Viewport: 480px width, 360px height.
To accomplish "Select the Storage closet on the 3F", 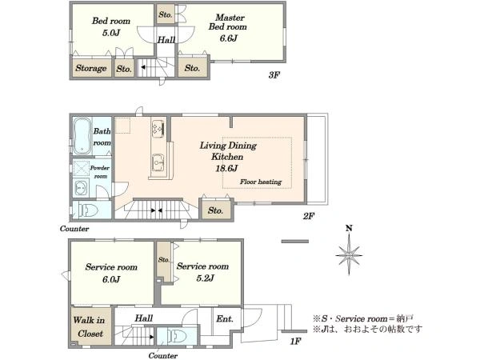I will (91, 69).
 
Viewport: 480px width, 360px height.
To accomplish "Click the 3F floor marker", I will (274, 75).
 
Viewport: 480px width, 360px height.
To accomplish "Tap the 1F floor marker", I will (294, 342).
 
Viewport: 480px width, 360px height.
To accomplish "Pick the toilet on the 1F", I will (177, 338).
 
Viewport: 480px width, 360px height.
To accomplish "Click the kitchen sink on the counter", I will (158, 163).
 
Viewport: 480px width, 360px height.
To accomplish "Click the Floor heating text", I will (260, 182).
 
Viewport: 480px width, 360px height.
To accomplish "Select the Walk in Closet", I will (89, 327).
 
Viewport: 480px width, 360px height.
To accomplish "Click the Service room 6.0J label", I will (110, 272).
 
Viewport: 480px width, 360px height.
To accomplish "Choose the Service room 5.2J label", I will (202, 272).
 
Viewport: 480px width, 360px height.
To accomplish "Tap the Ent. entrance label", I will (225, 318).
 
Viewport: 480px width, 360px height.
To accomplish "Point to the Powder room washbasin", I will (81, 188).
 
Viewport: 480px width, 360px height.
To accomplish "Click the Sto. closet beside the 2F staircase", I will (215, 210).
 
